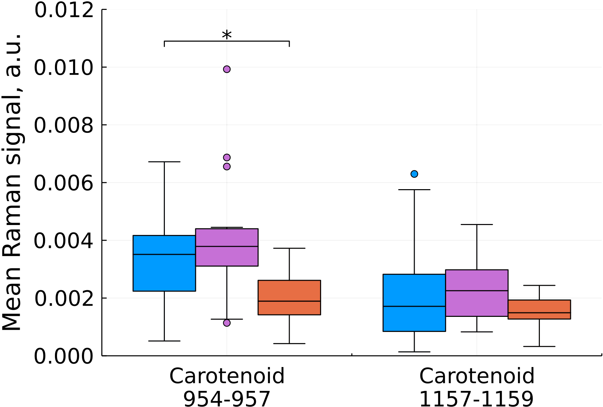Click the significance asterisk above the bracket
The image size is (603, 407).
pyautogui.click(x=227, y=35)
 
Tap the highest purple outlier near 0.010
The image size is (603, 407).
pyautogui.click(x=227, y=69)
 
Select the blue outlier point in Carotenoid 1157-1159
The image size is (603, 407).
pyautogui.click(x=414, y=174)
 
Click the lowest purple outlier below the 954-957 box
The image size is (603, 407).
pyautogui.click(x=227, y=323)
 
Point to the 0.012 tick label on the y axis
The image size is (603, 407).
pyautogui.click(x=64, y=10)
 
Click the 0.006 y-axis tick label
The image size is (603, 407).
pyautogui.click(x=64, y=183)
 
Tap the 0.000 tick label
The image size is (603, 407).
pyautogui.click(x=64, y=356)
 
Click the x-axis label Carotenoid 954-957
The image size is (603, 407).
pyautogui.click(x=227, y=387)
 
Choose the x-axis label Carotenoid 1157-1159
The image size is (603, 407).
pyautogui.click(x=476, y=387)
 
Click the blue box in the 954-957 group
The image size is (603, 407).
pyautogui.click(x=164, y=273)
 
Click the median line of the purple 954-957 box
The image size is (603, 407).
pyautogui.click(x=227, y=246)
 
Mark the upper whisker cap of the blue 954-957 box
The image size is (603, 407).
pyautogui.click(x=164, y=162)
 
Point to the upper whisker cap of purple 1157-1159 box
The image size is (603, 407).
pyautogui.click(x=476, y=225)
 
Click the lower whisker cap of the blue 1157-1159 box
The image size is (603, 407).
pyautogui.click(x=414, y=352)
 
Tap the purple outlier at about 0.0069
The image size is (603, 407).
pyautogui.click(x=227, y=157)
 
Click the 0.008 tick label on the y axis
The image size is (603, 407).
pyautogui.click(x=64, y=125)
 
